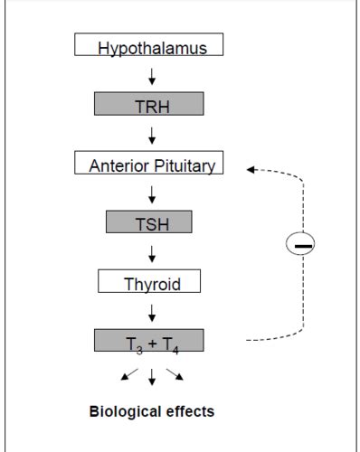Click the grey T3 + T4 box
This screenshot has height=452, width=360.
click(x=150, y=341)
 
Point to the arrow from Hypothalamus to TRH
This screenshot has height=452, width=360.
click(x=152, y=76)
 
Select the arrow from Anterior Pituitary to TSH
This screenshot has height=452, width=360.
click(x=152, y=193)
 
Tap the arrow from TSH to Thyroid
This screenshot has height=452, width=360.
click(x=152, y=253)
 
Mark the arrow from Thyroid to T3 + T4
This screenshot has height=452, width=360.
click(x=152, y=312)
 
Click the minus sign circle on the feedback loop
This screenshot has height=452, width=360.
click(x=302, y=245)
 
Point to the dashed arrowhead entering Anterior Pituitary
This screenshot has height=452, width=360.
click(x=252, y=168)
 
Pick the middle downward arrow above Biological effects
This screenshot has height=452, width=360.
click(x=152, y=375)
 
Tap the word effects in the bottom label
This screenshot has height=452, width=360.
click(x=188, y=411)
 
